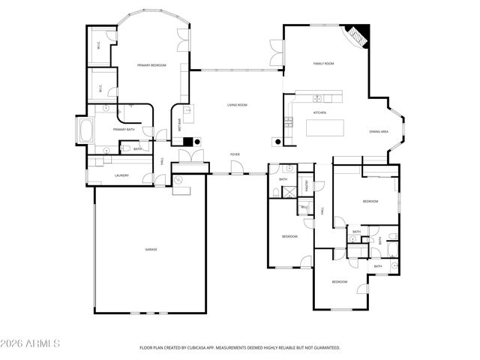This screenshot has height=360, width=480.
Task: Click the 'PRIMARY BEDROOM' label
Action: (x=151, y=66)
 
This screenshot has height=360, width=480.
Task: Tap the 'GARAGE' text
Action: (x=151, y=249)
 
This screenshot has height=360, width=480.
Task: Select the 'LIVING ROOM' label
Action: (x=237, y=105)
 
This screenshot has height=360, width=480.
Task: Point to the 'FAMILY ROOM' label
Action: (x=323, y=64)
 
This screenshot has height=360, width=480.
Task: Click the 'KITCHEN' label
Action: (x=319, y=112)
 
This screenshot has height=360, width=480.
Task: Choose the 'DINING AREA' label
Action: (x=379, y=131)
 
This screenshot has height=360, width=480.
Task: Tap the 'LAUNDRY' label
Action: (x=121, y=175)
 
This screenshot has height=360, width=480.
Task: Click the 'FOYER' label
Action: (x=235, y=154)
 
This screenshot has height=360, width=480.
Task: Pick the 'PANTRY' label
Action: (x=307, y=184)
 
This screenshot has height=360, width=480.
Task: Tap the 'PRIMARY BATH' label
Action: (x=124, y=130)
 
